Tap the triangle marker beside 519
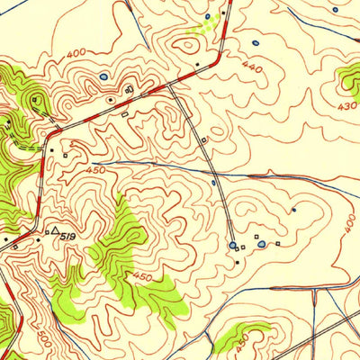[55, 231]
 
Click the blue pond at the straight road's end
[233, 245]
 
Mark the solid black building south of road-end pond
[237, 262]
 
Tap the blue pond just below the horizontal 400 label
[103, 76]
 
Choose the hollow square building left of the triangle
[47, 233]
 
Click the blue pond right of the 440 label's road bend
[255, 42]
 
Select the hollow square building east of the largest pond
[279, 241]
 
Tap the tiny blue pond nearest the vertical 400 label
[293, 210]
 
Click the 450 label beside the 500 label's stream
[142, 276]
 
